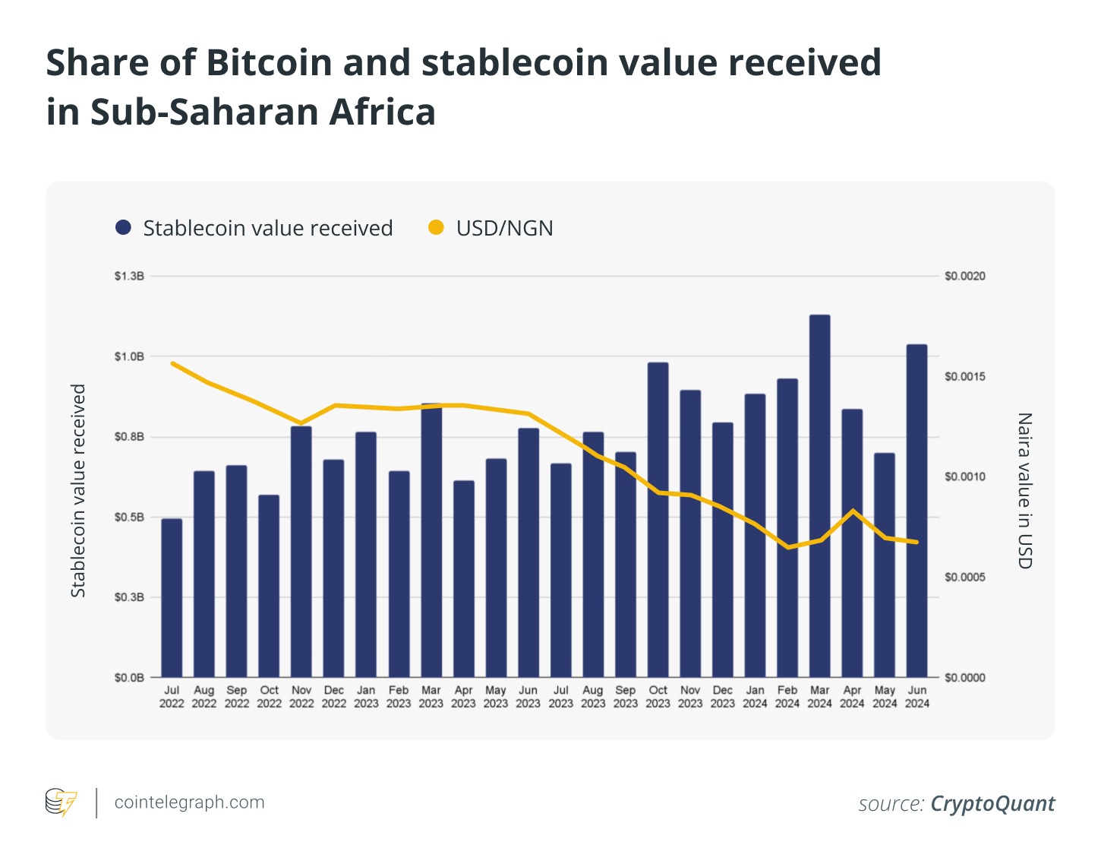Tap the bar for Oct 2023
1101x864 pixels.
click(x=658, y=520)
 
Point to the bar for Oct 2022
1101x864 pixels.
click(x=269, y=586)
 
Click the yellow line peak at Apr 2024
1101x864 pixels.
click(x=853, y=511)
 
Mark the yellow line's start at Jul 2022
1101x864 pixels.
click(x=172, y=363)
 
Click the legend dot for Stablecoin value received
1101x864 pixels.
click(x=123, y=227)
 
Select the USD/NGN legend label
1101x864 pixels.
click(x=504, y=228)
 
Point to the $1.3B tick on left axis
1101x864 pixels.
click(x=129, y=276)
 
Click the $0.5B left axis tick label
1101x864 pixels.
click(x=129, y=517)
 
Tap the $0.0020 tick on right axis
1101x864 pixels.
click(x=964, y=276)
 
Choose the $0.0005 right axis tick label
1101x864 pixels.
click(x=964, y=578)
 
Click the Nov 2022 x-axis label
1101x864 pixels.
click(x=301, y=697)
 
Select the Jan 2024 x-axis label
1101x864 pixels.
click(x=755, y=697)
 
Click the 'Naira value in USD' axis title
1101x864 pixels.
click(x=1024, y=490)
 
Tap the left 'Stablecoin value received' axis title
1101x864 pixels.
click(x=78, y=490)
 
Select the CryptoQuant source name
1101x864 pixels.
click(x=992, y=804)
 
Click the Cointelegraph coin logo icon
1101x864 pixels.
click(x=61, y=802)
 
